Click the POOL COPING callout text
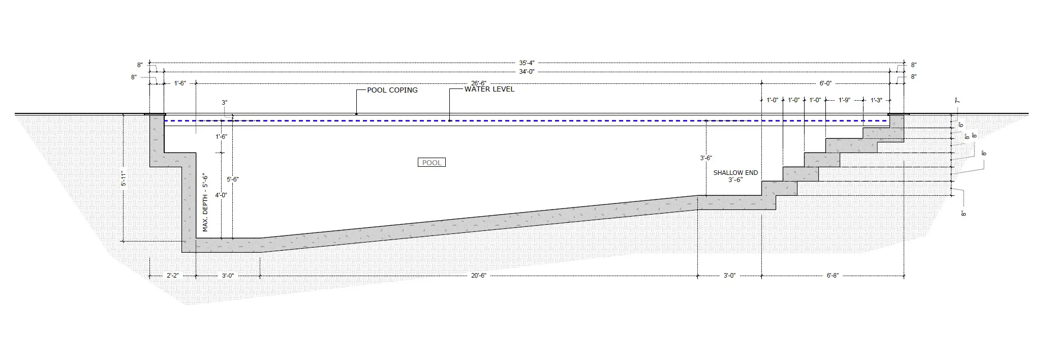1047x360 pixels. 392,90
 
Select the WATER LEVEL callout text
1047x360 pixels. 489,89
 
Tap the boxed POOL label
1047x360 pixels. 432,163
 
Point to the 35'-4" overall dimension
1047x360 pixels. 527,63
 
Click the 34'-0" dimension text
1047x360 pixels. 527,72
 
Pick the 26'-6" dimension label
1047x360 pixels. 478,83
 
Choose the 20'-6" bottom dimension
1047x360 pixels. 478,276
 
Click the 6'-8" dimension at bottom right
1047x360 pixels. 833,276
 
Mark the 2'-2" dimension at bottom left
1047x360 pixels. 173,276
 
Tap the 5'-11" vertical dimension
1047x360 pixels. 124,178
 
